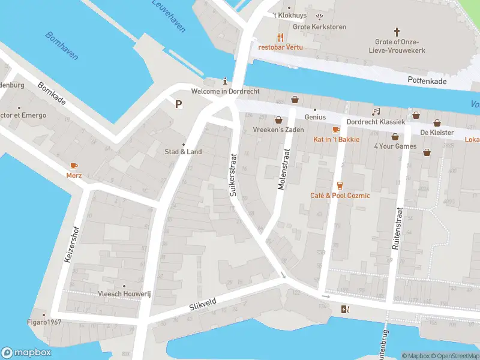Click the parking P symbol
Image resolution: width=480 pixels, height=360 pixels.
pyautogui.click(x=178, y=104)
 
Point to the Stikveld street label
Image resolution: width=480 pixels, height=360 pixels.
pyautogui.click(x=202, y=305)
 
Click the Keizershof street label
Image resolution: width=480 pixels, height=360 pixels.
pyautogui.click(x=71, y=245)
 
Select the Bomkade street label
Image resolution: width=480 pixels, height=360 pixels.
pyautogui.click(x=51, y=93)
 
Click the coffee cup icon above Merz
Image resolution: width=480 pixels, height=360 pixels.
pyautogui.click(x=74, y=166)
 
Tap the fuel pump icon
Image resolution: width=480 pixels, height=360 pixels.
pyautogui.click(x=344, y=310)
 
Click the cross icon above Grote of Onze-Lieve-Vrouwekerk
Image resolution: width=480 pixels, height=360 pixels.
pyautogui.click(x=396, y=31)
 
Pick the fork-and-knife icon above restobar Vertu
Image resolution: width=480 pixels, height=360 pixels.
pyautogui.click(x=280, y=37)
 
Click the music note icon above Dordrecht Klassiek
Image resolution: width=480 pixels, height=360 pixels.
pyautogui.click(x=376, y=112)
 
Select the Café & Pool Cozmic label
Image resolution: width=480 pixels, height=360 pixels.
pyautogui.click(x=340, y=196)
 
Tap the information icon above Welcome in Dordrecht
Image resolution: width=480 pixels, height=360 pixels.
pyautogui.click(x=225, y=81)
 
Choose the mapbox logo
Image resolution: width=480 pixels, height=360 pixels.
pyautogui.click(x=25, y=352)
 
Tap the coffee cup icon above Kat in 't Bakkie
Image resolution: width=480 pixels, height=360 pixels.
pyautogui.click(x=336, y=130)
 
